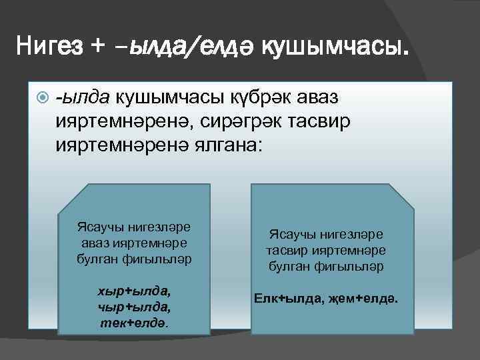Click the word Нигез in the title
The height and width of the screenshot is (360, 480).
[51, 46]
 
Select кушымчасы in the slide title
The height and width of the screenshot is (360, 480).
[332, 47]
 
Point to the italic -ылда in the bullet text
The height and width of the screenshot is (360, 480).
[85, 99]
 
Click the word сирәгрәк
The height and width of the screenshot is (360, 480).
[258, 121]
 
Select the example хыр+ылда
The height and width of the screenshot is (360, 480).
[134, 291]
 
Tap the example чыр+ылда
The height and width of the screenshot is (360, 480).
[134, 307]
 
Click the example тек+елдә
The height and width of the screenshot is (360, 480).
[134, 322]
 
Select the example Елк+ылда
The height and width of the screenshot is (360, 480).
[290, 298]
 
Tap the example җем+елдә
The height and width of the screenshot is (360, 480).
[366, 298]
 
